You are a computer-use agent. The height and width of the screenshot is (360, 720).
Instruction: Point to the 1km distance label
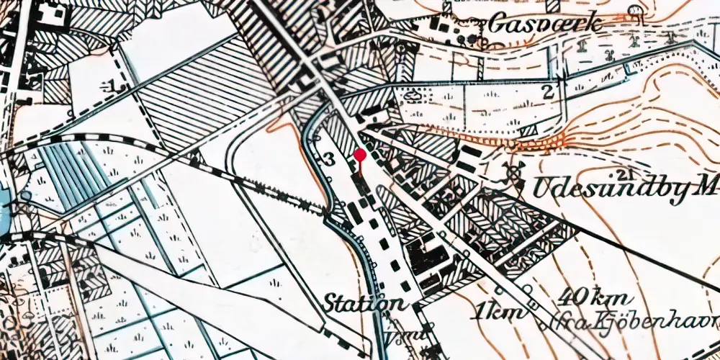coord(492,312)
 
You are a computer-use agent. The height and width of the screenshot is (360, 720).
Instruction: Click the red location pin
coord(360,154)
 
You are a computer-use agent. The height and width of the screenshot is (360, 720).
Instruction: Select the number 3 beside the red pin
coord(329,160)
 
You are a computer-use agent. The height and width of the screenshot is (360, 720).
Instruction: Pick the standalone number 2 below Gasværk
coord(548,91)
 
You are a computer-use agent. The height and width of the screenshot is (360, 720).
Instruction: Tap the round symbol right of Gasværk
coord(634,10)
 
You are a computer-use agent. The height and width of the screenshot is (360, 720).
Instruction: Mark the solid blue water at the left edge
coord(4,209)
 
